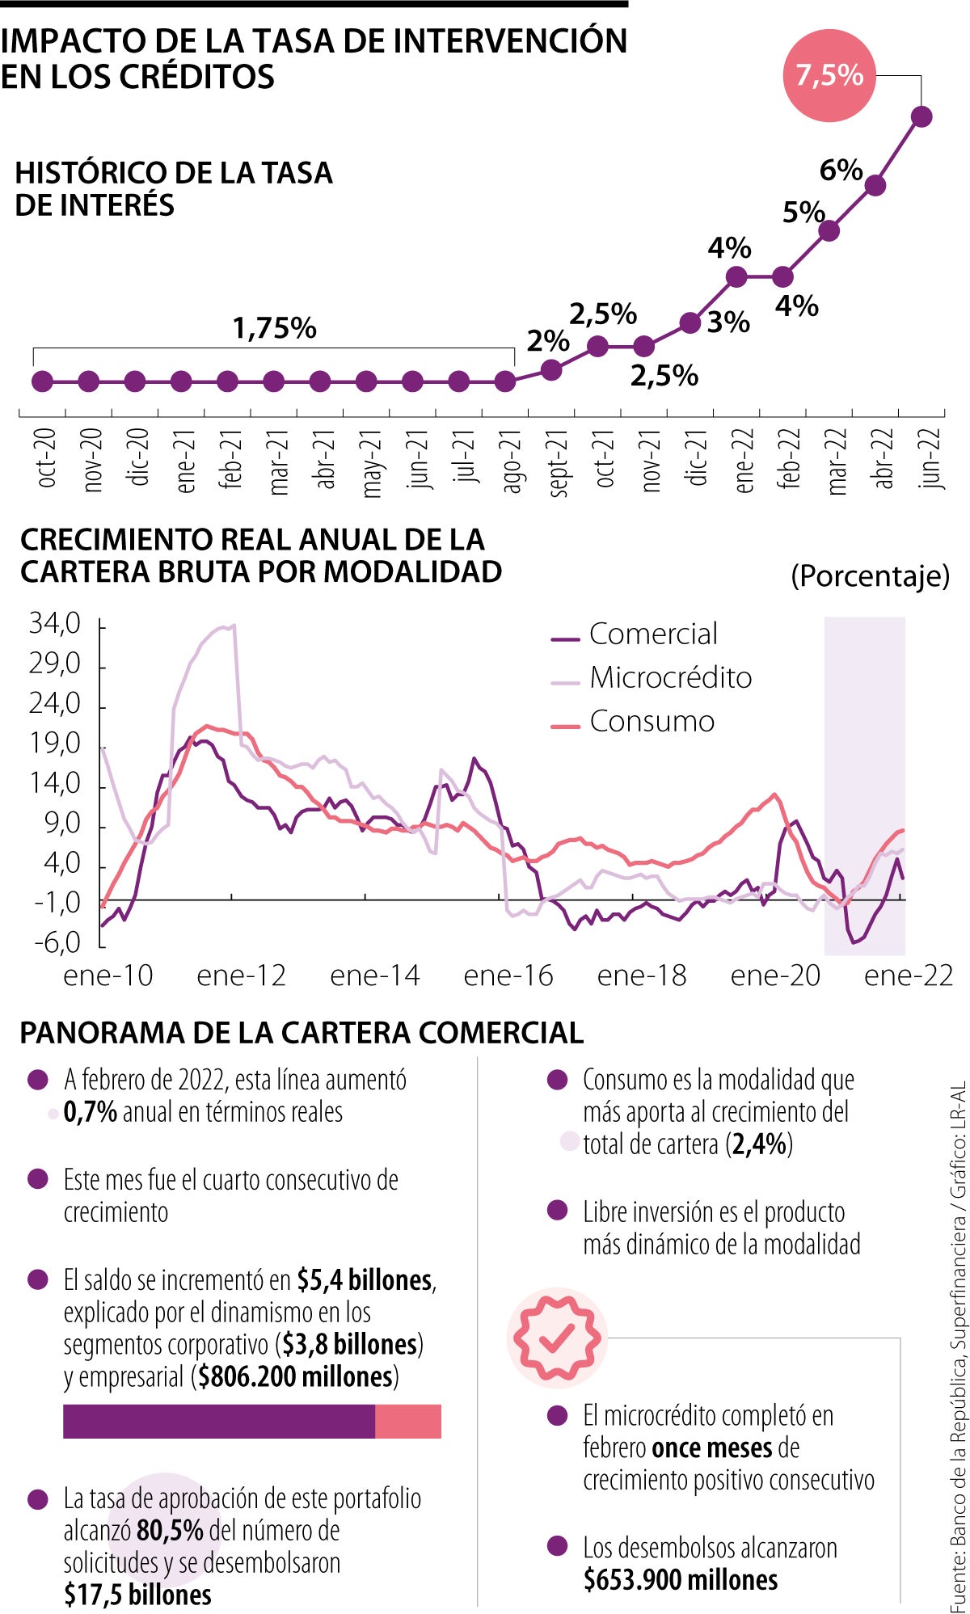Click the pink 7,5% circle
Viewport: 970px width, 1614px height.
coord(829,75)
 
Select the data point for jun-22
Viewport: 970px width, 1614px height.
coord(921,116)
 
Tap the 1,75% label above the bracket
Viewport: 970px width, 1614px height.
coord(274,328)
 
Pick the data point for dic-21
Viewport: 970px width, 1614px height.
coord(690,323)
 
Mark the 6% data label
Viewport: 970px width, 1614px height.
coord(841,170)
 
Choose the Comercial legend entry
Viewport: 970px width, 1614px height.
coord(635,634)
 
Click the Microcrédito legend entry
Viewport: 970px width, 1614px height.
coord(652,677)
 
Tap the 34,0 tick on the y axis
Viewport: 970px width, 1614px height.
coord(55,624)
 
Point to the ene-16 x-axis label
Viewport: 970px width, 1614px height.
coord(508,976)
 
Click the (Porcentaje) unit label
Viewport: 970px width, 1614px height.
coord(870,576)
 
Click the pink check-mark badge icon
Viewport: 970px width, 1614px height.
coord(556,1338)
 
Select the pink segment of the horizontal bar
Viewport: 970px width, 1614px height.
coord(408,1422)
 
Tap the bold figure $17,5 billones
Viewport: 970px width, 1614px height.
coord(137,1595)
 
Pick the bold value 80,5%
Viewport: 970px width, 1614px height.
coord(170,1530)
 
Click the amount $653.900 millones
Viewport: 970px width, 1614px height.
coord(681,1579)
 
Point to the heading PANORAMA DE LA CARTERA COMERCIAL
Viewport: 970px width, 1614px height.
coord(302,1033)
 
